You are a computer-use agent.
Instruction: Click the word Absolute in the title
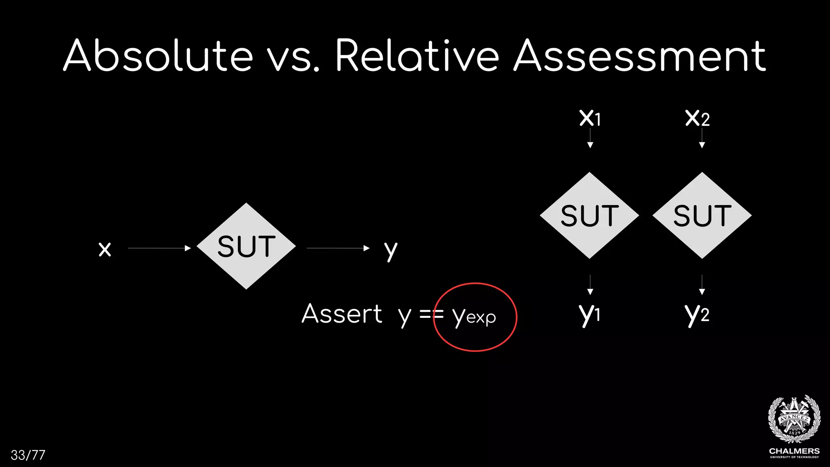pos(158,56)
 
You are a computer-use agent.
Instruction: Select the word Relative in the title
pos(417,56)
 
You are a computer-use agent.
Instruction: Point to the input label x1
pos(590,118)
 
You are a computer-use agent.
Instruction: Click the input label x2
pos(697,118)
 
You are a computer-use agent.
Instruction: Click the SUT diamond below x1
pos(590,215)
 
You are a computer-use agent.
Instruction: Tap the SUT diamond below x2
pos(702,215)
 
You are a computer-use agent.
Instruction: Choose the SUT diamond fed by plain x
pos(246,246)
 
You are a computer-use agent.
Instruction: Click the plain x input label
pos(105,248)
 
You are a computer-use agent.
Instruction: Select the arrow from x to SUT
pos(159,248)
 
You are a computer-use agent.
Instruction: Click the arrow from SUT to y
pos(338,248)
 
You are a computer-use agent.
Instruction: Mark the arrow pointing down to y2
pos(702,285)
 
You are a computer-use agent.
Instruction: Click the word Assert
pos(342,314)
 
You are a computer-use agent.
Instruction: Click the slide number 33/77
pos(28,455)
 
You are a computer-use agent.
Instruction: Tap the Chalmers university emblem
pos(794,420)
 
